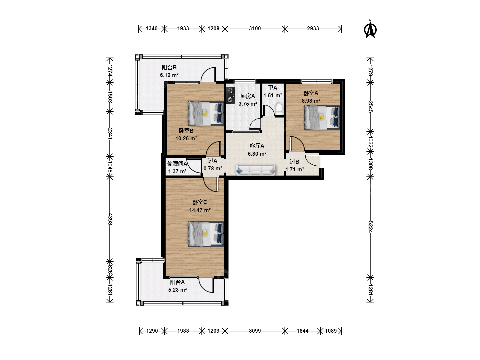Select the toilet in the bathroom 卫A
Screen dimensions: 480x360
pyautogui.click(x=279, y=109)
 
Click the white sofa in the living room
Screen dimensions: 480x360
pyautogui.click(x=255, y=170)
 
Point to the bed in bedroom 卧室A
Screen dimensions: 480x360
pyautogui.click(x=322, y=118)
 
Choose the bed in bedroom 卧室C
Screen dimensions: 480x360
pyautogui.click(x=206, y=234)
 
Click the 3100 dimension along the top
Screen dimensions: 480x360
pyautogui.click(x=255, y=29)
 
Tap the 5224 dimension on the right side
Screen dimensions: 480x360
pyautogui.click(x=370, y=227)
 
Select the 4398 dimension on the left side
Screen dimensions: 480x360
pyautogui.click(x=110, y=219)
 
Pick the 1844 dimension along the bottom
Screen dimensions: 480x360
pyautogui.click(x=302, y=331)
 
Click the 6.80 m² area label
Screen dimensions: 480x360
pyautogui.click(x=257, y=154)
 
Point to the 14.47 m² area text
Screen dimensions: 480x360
pyautogui.click(x=200, y=210)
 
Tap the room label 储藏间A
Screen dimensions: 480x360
pyautogui.click(x=177, y=164)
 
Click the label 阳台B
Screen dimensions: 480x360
pyautogui.click(x=169, y=68)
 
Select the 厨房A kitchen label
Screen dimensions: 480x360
pyautogui.click(x=248, y=96)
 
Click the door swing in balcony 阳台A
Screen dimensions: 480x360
pyautogui.click(x=206, y=285)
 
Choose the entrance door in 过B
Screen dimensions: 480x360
pyautogui.click(x=312, y=160)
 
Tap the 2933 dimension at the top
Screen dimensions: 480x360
pyautogui.click(x=313, y=29)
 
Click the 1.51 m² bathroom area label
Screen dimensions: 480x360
pyautogui.click(x=272, y=96)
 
